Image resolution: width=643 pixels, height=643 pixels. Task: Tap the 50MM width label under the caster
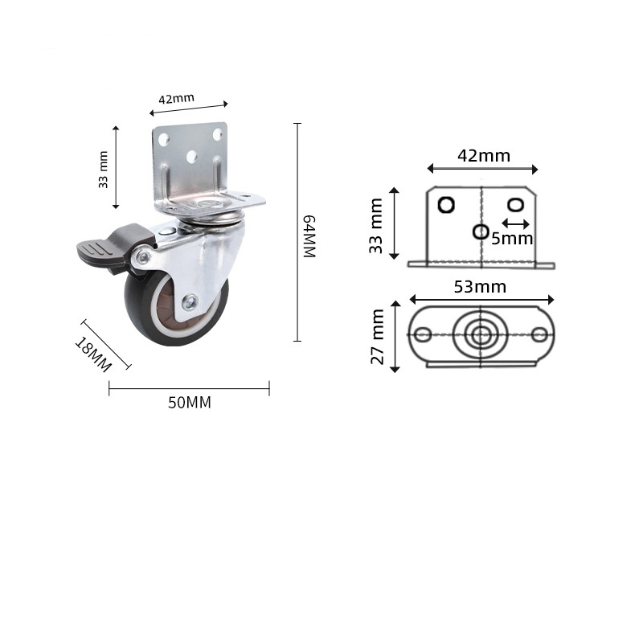tap(190, 403)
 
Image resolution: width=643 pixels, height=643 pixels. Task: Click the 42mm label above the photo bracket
tap(176, 100)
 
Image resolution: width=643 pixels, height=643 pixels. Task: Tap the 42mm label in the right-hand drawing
tap(483, 156)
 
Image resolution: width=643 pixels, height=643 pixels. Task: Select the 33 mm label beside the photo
tap(103, 170)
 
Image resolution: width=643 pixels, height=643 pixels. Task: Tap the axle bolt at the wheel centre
tap(190, 302)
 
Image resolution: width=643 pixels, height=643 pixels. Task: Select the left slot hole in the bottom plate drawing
tap(424, 334)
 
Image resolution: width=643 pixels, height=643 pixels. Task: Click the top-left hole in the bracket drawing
tap(445, 204)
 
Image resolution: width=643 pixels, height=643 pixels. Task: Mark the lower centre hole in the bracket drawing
tap(481, 231)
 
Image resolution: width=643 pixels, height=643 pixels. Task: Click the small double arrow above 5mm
tap(515, 223)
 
